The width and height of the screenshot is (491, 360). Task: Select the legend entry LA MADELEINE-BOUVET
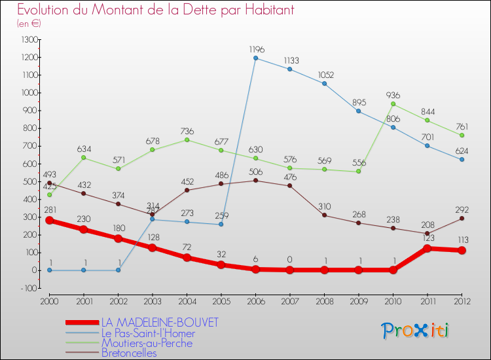[160, 323]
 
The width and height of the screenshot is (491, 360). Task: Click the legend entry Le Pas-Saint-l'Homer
[148, 333]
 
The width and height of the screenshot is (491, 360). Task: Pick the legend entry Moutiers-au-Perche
[147, 343]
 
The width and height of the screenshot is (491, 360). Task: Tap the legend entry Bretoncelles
[129, 353]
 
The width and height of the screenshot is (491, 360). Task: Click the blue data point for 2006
[255, 58]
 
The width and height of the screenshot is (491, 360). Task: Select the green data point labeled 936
[393, 103]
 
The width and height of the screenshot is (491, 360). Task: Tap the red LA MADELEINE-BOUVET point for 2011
[427, 248]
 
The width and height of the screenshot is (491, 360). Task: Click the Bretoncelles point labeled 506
[255, 180]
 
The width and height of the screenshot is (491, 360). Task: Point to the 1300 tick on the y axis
[30, 40]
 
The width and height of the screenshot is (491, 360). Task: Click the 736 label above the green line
[187, 131]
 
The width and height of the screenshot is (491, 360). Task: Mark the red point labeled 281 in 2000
[49, 220]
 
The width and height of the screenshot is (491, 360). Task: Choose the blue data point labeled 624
[462, 159]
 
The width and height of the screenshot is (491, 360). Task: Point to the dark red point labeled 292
[462, 218]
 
